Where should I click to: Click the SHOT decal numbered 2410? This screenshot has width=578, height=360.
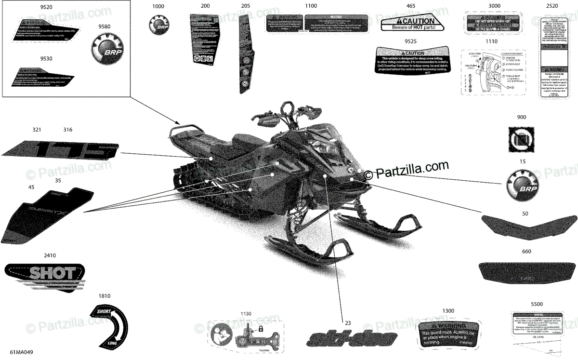click(x=44, y=277)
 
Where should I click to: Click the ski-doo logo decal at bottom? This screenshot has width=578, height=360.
click(x=346, y=338)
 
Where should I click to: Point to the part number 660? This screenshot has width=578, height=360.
click(x=526, y=252)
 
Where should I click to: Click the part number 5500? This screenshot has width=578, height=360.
click(x=536, y=305)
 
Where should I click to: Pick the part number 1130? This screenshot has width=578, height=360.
click(x=246, y=314)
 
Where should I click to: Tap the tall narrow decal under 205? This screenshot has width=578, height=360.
click(x=245, y=53)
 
